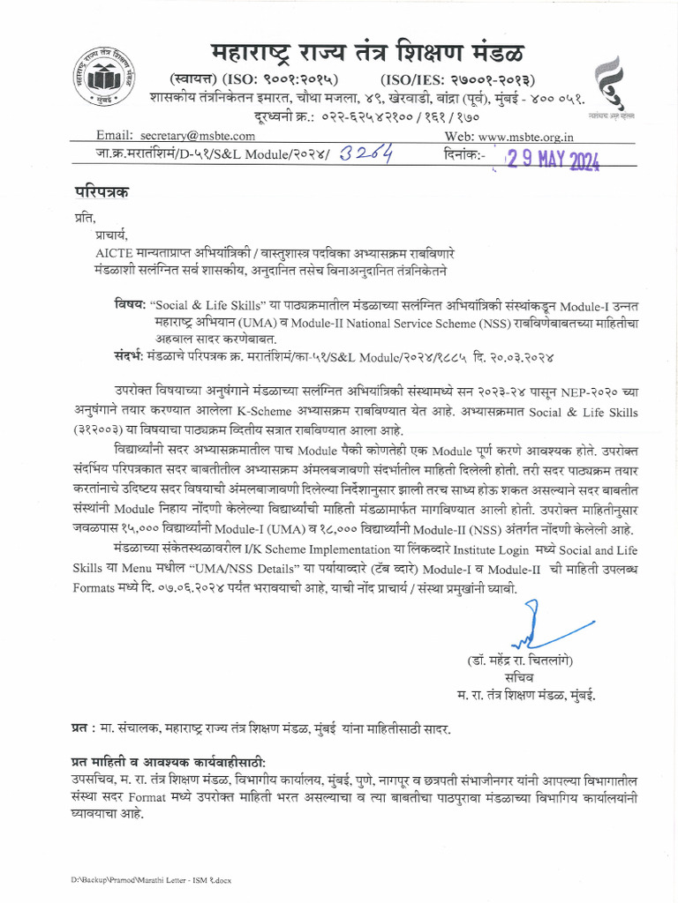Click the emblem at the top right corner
coord(607,84)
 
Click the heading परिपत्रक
coord(101,192)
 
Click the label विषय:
coord(129,304)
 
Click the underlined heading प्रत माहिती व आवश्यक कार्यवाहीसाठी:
coord(169,762)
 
